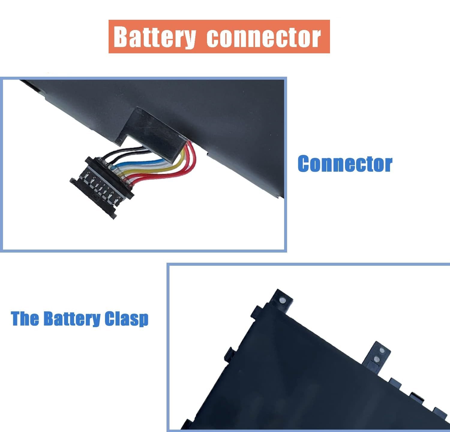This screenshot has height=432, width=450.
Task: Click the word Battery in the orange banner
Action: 155,37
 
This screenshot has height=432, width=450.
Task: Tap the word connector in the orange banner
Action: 264,37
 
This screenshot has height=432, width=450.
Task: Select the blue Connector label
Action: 345,164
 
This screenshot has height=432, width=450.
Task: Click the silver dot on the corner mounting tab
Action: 282,300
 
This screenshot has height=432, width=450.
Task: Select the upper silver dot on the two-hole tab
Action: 382,350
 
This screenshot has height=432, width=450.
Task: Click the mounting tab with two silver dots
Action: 377,355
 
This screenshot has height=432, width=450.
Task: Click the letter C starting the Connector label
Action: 305,164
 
